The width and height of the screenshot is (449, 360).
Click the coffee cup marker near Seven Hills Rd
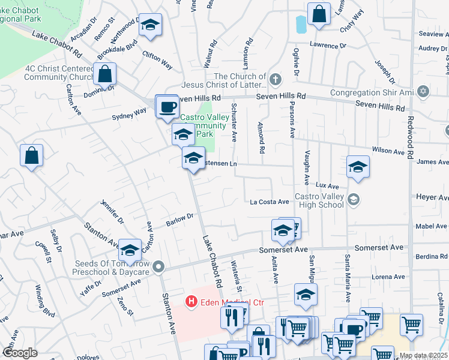point(167,107)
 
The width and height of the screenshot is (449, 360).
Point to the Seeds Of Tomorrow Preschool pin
point(158,266)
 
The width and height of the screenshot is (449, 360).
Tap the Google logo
point(20,353)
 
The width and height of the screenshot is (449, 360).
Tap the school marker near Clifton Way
point(150,25)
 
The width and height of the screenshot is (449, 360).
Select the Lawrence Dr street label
point(328,46)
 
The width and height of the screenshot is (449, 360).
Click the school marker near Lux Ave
point(358,167)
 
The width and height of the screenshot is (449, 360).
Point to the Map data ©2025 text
point(423,356)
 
